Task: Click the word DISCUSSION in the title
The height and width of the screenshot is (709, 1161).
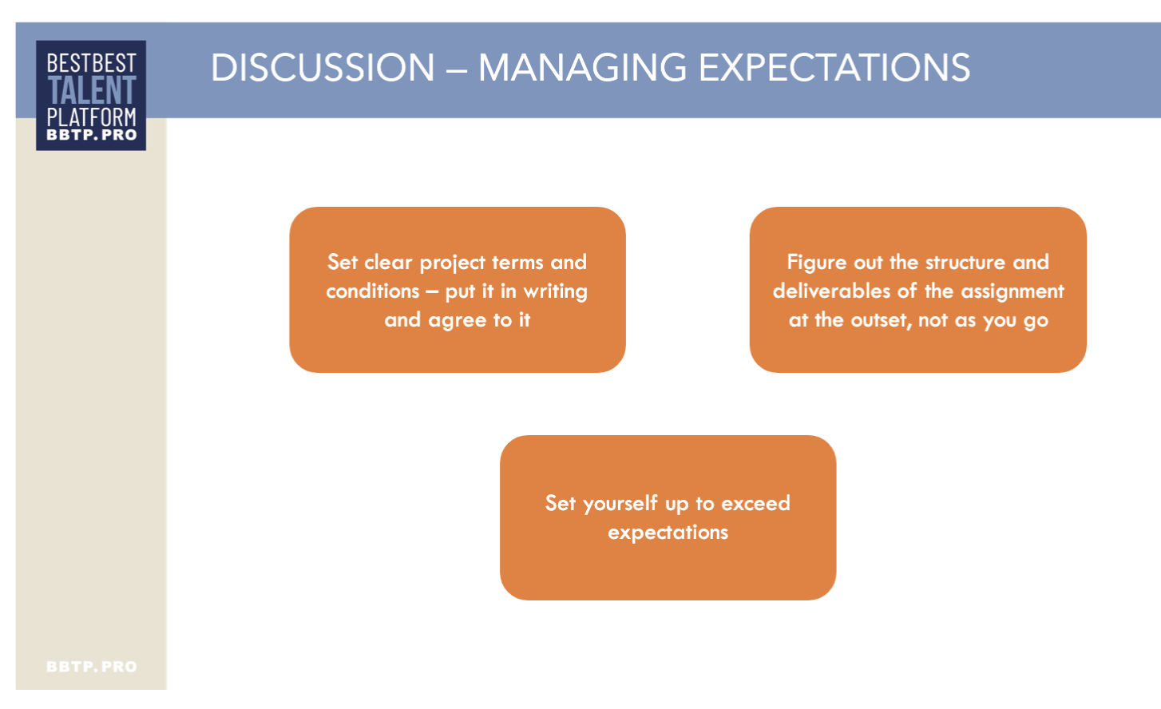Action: pyautogui.click(x=323, y=67)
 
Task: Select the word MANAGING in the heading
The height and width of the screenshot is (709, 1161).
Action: pyautogui.click(x=582, y=67)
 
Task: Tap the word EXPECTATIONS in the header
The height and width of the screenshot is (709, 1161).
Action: pyautogui.click(x=834, y=67)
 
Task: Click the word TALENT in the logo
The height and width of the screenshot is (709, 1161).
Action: pyautogui.click(x=92, y=90)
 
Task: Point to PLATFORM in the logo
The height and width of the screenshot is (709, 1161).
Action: pyautogui.click(x=92, y=117)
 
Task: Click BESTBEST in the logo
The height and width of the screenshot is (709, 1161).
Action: pyautogui.click(x=92, y=63)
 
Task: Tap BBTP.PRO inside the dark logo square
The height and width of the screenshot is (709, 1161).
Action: pyautogui.click(x=92, y=135)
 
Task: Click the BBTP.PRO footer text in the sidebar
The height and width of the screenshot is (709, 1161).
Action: pyautogui.click(x=92, y=667)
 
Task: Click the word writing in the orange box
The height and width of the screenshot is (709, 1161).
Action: pyautogui.click(x=555, y=291)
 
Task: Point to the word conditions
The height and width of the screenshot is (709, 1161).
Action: pyautogui.click(x=373, y=291)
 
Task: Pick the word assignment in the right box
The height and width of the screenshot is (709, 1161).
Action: pyautogui.click(x=1012, y=291)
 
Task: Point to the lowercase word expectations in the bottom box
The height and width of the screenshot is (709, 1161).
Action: pyautogui.click(x=668, y=533)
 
